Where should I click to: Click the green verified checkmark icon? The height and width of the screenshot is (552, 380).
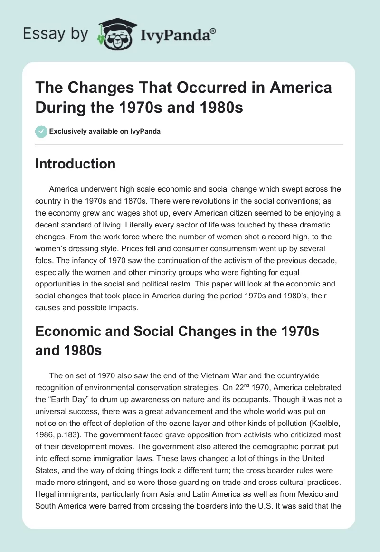(41, 131)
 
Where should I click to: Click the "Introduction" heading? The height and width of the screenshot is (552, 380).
(76, 164)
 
